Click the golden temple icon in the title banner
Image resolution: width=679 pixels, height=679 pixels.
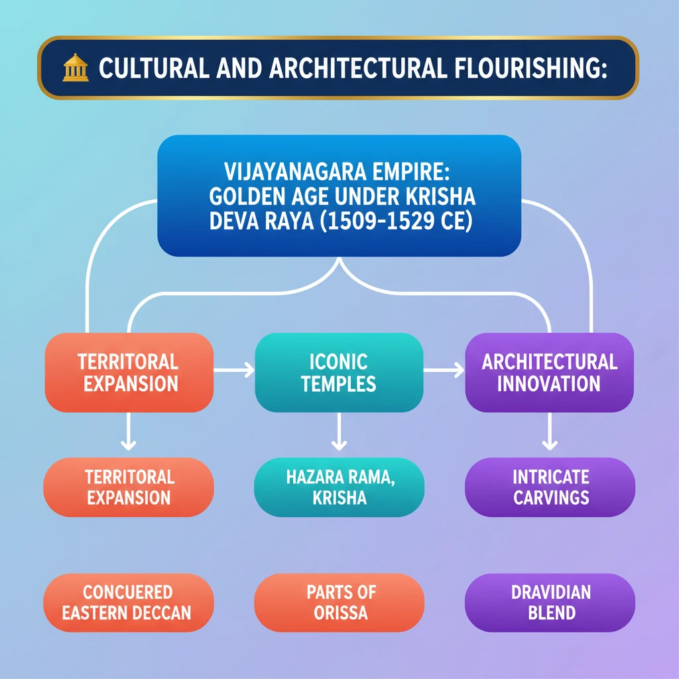pyautogui.click(x=76, y=68)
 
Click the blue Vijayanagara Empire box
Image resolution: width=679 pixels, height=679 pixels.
pyautogui.click(x=339, y=196)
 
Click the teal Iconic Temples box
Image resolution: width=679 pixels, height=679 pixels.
pyautogui.click(x=339, y=373)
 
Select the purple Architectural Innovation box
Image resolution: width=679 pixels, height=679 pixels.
pyautogui.click(x=550, y=373)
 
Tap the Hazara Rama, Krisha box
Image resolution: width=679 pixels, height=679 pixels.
pyautogui.click(x=339, y=487)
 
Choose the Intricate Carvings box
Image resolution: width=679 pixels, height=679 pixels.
pyautogui.click(x=550, y=487)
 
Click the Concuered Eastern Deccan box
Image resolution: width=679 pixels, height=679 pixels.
pyautogui.click(x=128, y=602)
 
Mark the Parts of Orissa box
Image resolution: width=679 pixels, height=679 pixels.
pyautogui.click(x=339, y=602)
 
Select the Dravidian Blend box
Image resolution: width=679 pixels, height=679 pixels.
pyautogui.click(x=550, y=602)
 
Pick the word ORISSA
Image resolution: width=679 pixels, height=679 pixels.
pyautogui.click(x=339, y=612)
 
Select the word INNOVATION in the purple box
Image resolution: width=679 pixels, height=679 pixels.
pyautogui.click(x=550, y=383)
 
